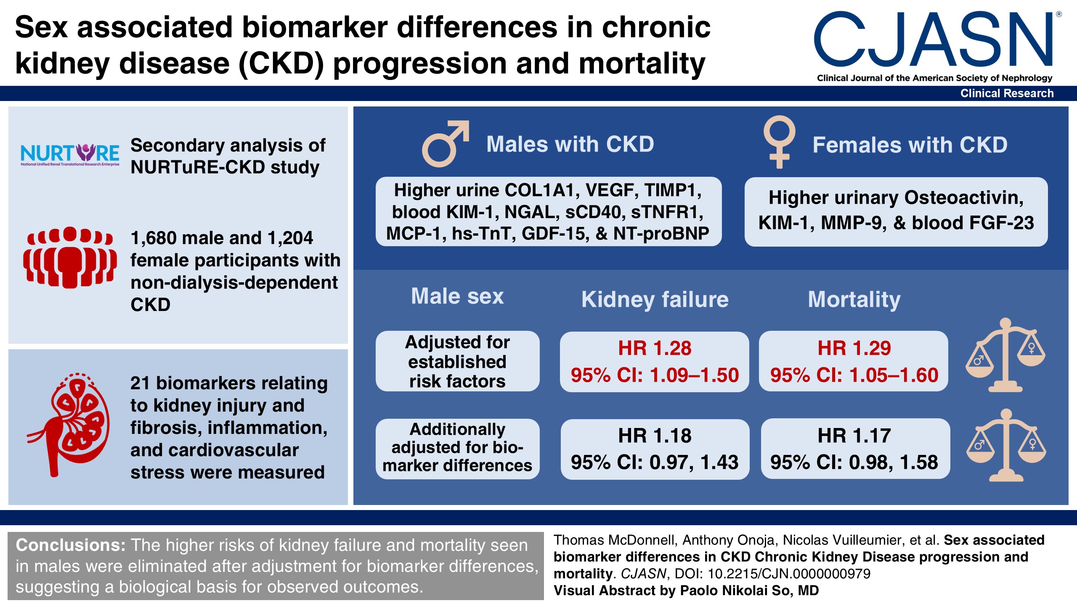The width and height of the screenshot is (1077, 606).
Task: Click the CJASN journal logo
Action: tap(934, 42)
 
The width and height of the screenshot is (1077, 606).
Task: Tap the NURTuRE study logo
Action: tap(70, 154)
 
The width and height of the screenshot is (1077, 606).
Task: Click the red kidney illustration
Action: tap(70, 425)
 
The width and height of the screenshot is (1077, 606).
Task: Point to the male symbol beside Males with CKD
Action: tap(445, 144)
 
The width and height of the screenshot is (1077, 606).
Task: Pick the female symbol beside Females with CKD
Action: tap(779, 142)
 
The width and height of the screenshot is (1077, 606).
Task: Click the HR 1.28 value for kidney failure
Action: tap(654, 348)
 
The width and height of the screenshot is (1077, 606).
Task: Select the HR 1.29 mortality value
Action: tap(854, 348)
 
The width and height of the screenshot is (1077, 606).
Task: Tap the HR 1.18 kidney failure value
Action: tap(654, 436)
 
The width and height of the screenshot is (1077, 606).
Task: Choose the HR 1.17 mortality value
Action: tap(854, 436)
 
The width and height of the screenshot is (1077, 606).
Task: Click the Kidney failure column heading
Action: tap(655, 300)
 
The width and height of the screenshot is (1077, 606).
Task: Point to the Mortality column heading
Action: tap(854, 300)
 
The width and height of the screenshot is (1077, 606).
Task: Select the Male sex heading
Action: tap(457, 296)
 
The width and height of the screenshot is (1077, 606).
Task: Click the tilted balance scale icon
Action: tap(1005, 356)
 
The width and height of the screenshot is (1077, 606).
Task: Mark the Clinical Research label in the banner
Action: tap(1007, 93)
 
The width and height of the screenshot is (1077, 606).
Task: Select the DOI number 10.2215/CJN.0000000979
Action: tap(789, 574)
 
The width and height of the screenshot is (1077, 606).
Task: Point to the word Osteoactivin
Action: tap(963, 198)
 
